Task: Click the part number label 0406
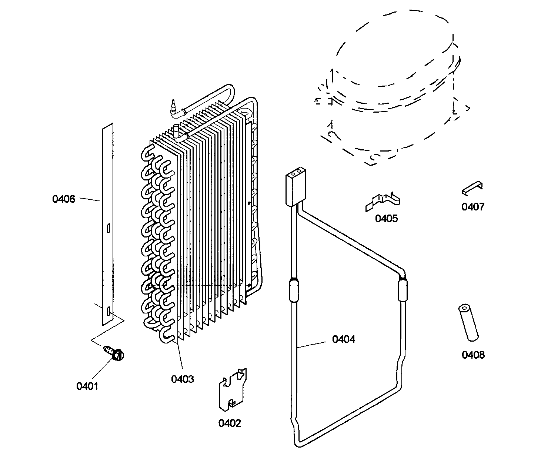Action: tap(64, 199)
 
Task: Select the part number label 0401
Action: tap(87, 386)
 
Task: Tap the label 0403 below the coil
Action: tap(182, 379)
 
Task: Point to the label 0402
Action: tap(229, 423)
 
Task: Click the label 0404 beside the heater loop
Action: tap(343, 339)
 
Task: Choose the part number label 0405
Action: tap(386, 219)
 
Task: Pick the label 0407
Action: tap(473, 207)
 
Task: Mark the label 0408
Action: tap(473, 355)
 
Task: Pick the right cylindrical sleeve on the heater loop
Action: tap(403, 291)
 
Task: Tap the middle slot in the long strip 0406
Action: tap(108, 228)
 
